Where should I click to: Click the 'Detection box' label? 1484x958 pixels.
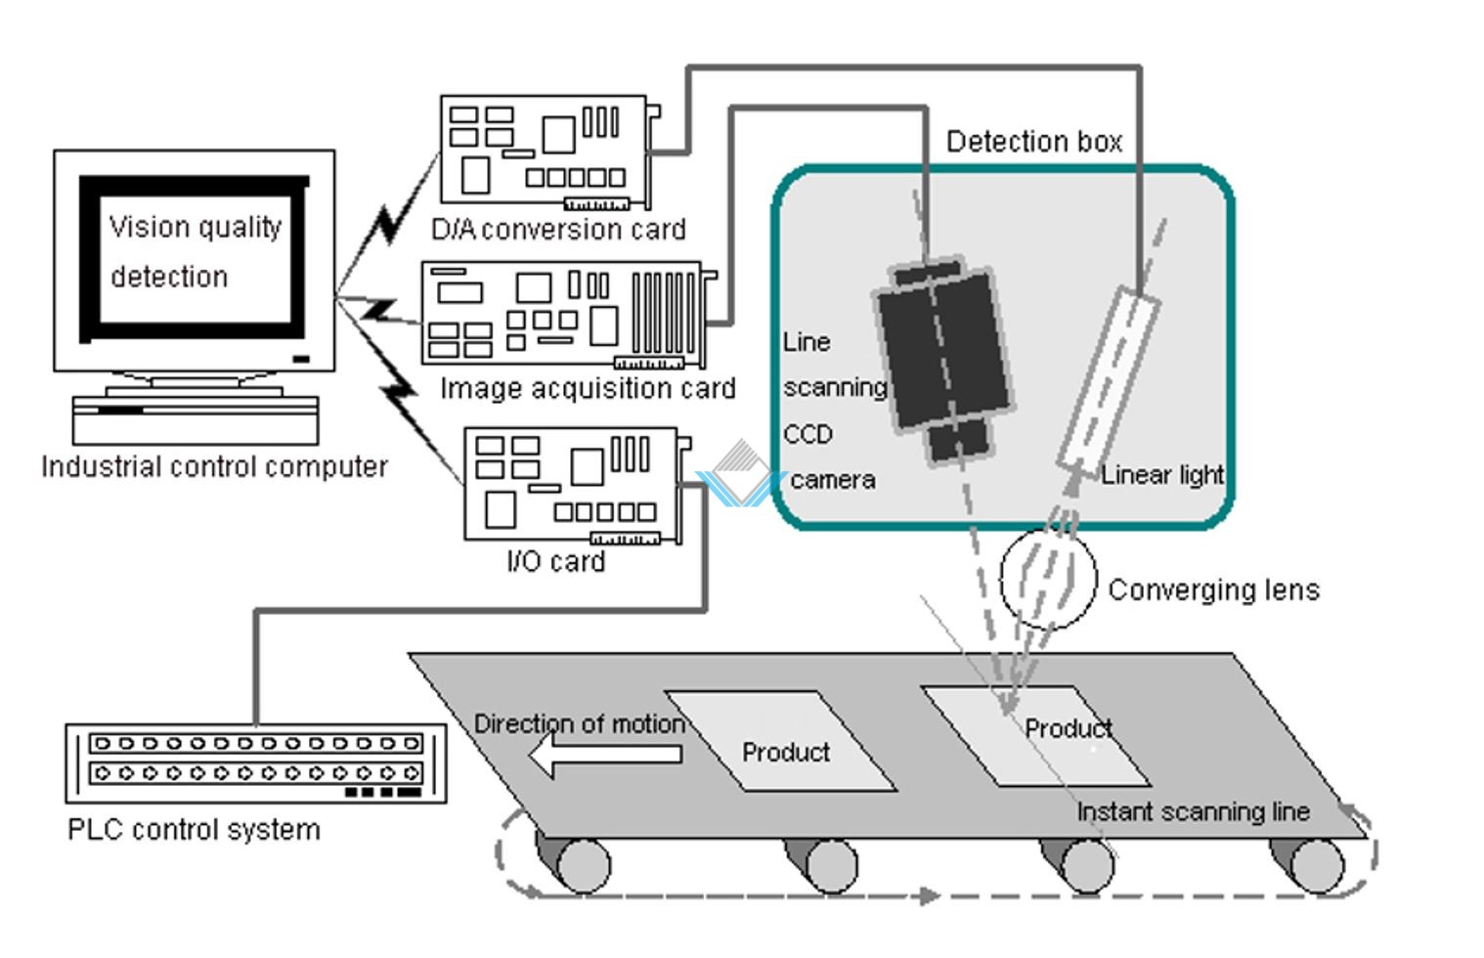point(1033,143)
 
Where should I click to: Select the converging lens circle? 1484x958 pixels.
point(1048,578)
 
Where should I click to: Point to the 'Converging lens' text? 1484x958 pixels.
point(1213,590)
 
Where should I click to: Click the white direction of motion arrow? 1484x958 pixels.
point(605,755)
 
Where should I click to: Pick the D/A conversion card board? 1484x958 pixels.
point(545,152)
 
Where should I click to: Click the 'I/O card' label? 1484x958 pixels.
point(555,562)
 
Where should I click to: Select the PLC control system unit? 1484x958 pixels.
point(256,762)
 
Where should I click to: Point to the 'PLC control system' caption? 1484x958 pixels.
point(194,830)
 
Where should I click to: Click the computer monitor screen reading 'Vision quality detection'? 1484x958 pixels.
point(195,254)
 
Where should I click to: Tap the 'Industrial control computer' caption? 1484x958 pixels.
point(214,467)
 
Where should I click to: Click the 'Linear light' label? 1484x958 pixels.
point(1161,475)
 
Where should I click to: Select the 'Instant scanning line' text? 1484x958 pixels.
point(1193,812)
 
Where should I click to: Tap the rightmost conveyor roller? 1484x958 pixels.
point(1315,865)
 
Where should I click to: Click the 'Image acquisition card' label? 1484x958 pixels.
point(588,389)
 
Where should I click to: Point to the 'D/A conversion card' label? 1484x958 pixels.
point(558,230)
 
